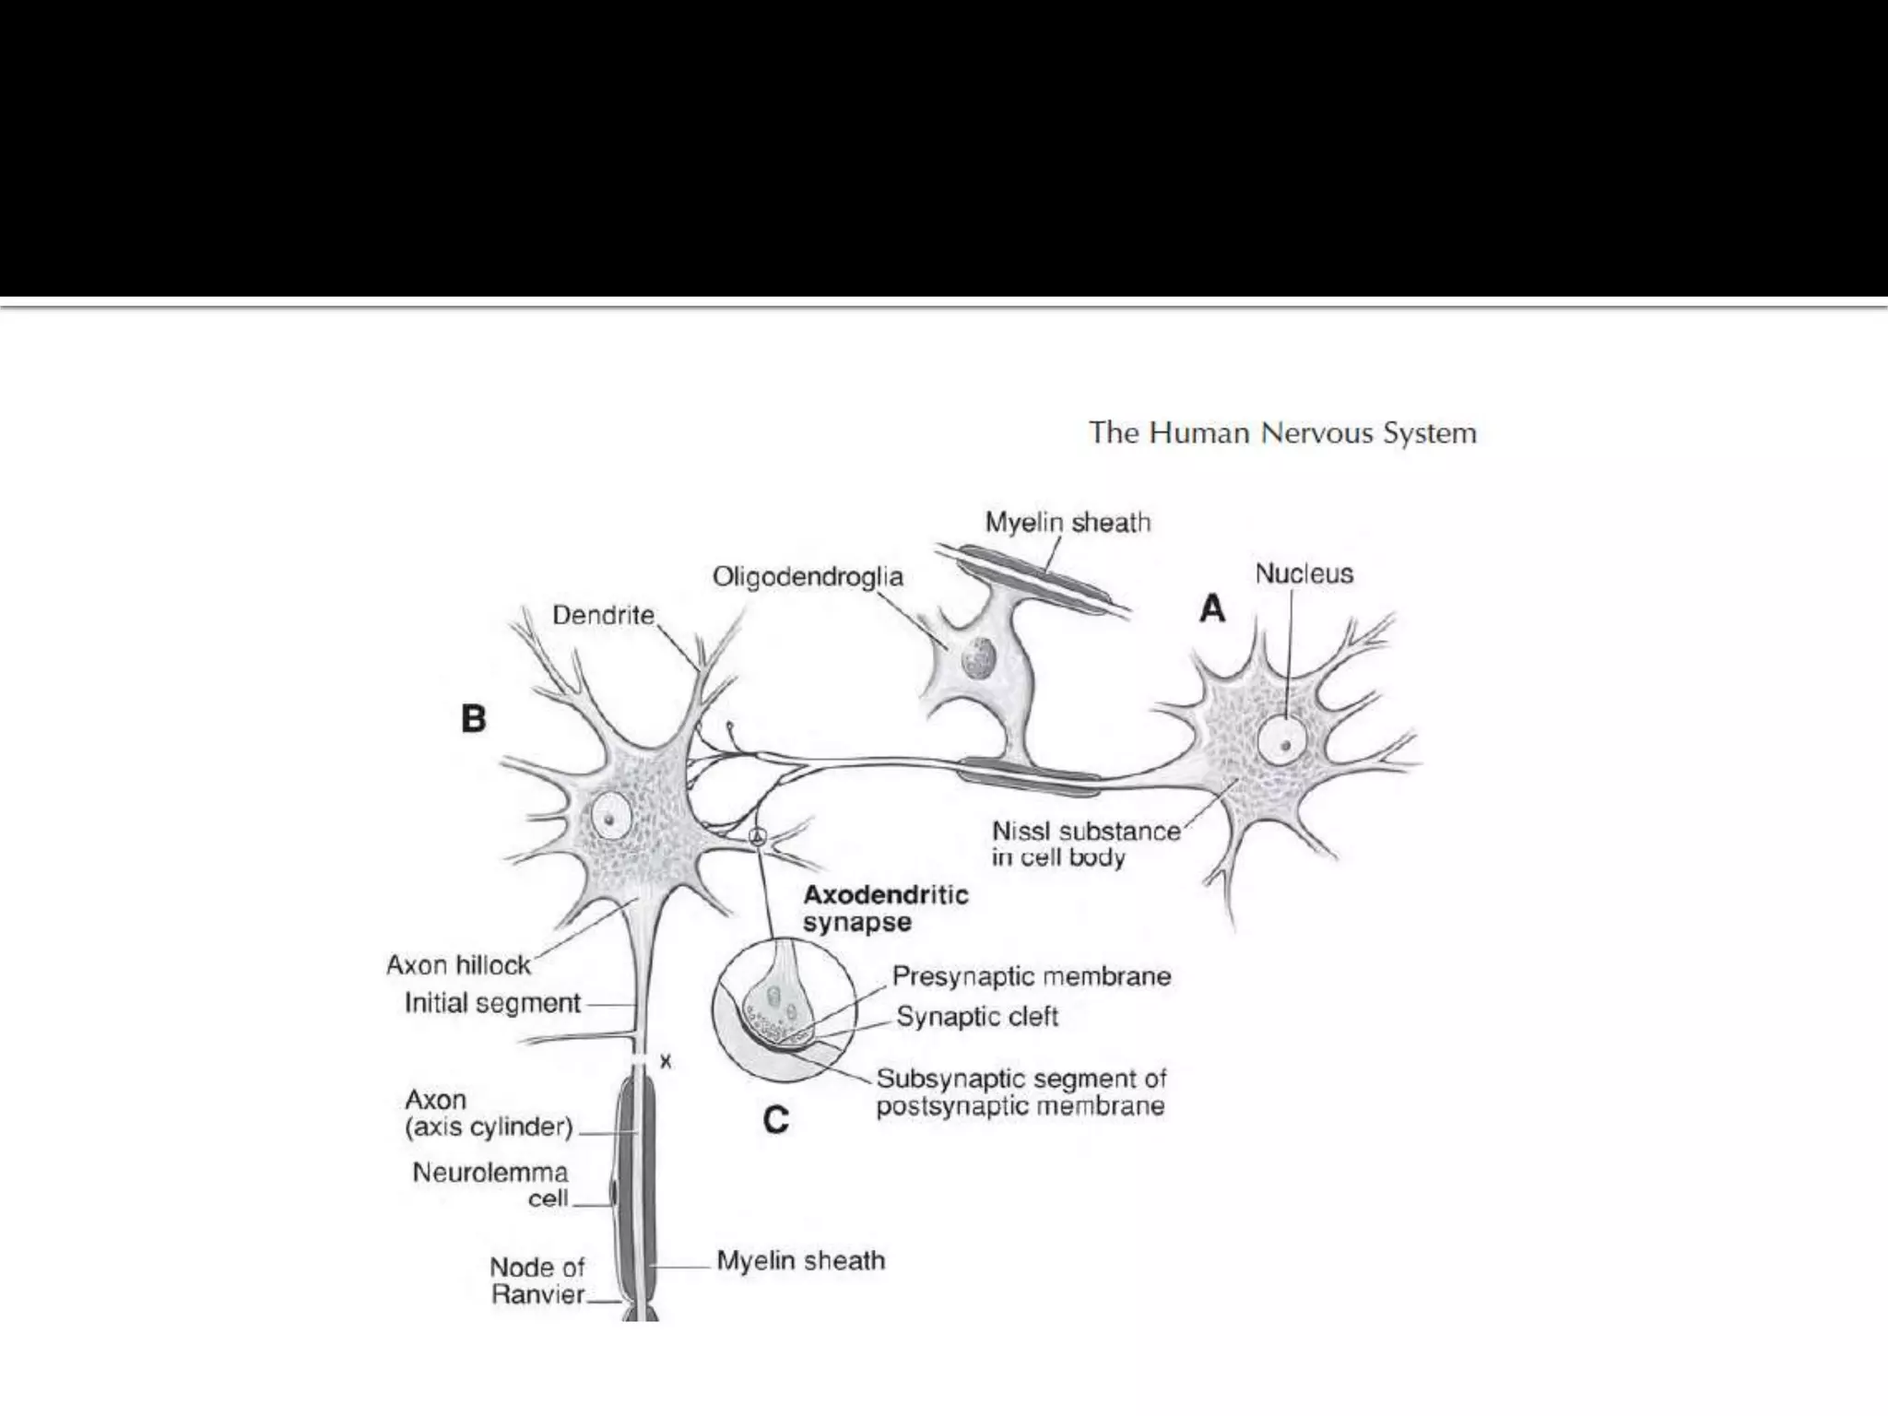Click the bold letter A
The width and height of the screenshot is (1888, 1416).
[x=1212, y=608]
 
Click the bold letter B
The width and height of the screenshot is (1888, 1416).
[x=473, y=718]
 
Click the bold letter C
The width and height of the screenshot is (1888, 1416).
[x=775, y=1119]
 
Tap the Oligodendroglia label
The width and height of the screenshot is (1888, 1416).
[x=808, y=577]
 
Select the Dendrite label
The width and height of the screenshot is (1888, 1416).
[x=603, y=615]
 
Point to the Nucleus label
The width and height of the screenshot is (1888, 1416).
[x=1304, y=573]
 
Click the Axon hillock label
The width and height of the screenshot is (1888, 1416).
[x=458, y=965]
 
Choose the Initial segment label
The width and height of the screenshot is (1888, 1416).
[x=492, y=1003]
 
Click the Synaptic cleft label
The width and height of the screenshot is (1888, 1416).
[x=977, y=1017]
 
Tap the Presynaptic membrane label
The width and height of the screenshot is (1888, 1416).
[x=1031, y=976]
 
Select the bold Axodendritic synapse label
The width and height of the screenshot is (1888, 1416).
[x=885, y=908]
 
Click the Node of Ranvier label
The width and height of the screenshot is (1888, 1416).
[x=537, y=1280]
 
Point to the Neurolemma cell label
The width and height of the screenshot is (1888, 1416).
[x=490, y=1186]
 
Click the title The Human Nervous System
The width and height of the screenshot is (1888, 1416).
[x=1282, y=433]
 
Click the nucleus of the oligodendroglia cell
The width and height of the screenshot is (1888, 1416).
[x=977, y=658]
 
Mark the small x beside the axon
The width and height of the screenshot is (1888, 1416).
[x=666, y=1062]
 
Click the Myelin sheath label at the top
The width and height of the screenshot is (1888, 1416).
[x=1068, y=523]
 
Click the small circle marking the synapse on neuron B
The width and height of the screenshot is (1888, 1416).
[x=757, y=837]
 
